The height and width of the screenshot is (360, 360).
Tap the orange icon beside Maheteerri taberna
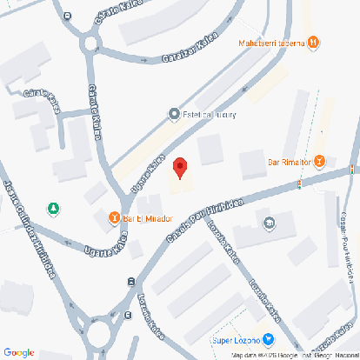(314, 41)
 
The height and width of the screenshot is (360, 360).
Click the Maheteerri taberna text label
(270, 41)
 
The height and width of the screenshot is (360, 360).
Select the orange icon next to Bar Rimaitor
(320, 160)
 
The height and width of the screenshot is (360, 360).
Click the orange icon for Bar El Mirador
(114, 217)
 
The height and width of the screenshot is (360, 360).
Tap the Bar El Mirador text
(143, 217)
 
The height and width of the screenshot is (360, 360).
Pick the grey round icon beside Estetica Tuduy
(173, 113)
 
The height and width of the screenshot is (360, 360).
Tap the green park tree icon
(54, 209)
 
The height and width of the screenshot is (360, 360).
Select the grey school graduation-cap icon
(268, 223)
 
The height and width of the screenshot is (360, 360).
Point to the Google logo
(18, 351)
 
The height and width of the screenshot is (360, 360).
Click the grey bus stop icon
(130, 281)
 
